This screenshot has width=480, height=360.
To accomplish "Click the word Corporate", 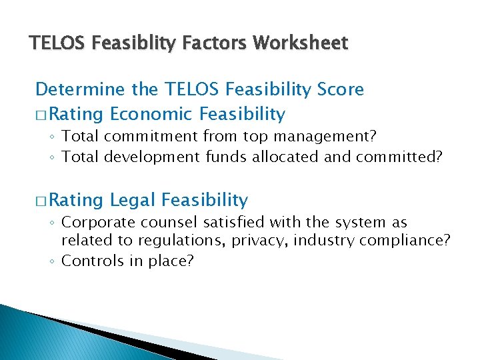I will (95, 222).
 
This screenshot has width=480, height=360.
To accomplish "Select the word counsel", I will (160, 222).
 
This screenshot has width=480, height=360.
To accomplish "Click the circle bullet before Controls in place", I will (52, 261).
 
